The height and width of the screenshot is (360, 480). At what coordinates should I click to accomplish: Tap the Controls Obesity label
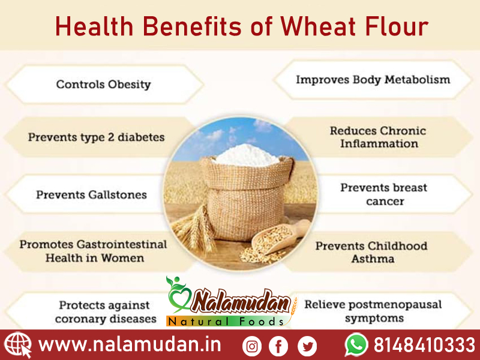point(103,84)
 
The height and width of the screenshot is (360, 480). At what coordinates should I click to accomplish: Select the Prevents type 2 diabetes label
point(96,137)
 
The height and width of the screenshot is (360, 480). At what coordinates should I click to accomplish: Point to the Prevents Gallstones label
point(91,195)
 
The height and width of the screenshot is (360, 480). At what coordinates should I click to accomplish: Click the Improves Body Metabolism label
point(373,79)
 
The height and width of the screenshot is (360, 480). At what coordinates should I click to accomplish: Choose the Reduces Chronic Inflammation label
point(378,137)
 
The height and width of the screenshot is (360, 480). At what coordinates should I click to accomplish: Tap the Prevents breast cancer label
point(384,194)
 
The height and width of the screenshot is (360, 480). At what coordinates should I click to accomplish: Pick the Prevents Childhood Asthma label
point(371,253)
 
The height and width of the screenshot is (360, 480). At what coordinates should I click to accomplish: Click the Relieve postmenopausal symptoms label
point(373,311)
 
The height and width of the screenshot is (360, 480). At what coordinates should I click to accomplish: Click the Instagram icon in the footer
point(252,346)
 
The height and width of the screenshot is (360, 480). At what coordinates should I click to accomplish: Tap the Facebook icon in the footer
point(278,346)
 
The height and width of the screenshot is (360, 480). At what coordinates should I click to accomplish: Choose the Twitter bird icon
point(307,346)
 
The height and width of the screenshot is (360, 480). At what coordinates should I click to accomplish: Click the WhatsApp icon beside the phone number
point(356,345)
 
